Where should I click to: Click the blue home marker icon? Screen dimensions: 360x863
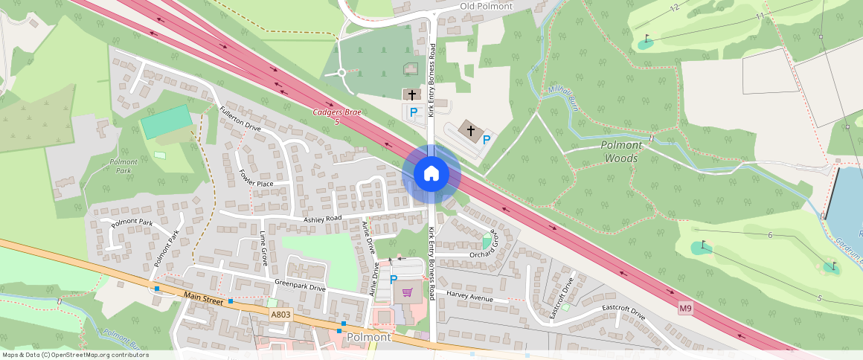click(x=431, y=173)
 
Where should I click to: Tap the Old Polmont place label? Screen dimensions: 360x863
click(x=487, y=6)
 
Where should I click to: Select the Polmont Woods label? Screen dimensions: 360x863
click(x=621, y=152)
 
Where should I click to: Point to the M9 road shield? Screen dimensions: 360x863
click(x=685, y=308)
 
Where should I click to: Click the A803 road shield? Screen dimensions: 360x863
click(x=280, y=315)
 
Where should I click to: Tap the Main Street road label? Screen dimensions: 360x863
click(x=202, y=298)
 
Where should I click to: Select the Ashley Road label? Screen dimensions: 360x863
click(x=322, y=218)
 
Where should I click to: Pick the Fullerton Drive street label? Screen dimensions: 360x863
click(x=240, y=118)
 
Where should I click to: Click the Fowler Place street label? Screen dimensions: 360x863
click(x=256, y=178)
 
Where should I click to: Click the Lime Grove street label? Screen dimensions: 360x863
click(x=263, y=248)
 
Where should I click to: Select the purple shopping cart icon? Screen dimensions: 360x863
click(x=407, y=292)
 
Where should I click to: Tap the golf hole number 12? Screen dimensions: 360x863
click(x=674, y=7)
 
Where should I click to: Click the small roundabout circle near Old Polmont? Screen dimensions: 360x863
click(x=341, y=72)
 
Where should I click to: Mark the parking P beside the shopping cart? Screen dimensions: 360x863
click(x=394, y=279)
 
